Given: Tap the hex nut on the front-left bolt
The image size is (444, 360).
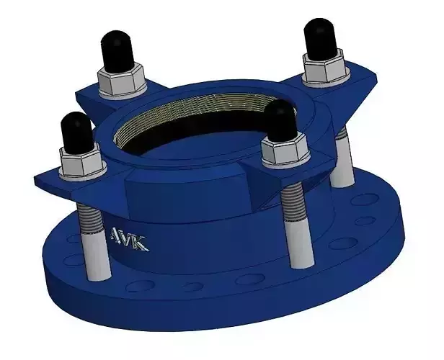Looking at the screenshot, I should coord(80,166).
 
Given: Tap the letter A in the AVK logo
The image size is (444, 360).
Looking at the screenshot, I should coord(117,236).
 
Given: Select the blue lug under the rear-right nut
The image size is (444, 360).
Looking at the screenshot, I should coord(360,86).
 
